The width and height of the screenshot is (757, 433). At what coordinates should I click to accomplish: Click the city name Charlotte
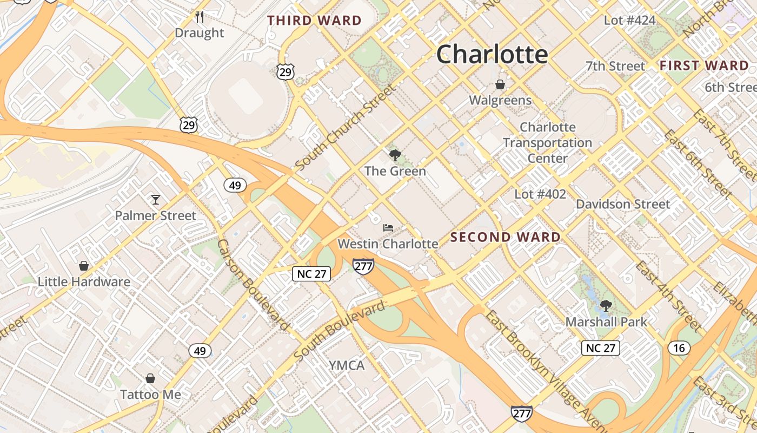click(492, 54)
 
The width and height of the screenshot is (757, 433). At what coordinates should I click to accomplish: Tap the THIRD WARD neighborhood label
click(315, 21)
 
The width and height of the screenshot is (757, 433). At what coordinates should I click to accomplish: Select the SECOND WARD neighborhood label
click(506, 237)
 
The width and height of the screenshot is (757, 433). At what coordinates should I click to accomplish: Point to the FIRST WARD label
click(704, 66)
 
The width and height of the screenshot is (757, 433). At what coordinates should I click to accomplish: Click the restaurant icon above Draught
click(200, 17)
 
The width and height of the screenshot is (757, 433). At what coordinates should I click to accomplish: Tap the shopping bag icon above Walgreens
click(500, 84)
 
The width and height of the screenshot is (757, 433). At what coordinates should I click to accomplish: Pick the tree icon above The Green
click(395, 155)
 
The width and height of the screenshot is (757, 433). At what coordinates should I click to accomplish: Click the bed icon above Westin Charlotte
click(388, 228)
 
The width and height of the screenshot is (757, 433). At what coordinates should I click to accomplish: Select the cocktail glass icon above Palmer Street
click(156, 200)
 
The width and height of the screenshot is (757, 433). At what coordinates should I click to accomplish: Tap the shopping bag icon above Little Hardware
click(84, 266)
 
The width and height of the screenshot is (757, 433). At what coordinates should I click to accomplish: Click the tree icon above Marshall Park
click(606, 306)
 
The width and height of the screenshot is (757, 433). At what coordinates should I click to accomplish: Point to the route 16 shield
click(679, 347)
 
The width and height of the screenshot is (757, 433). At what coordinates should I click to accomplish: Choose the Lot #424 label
click(629, 21)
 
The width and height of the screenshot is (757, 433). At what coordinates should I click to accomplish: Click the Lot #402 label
click(540, 194)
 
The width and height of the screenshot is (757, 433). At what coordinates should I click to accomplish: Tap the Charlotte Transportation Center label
click(548, 143)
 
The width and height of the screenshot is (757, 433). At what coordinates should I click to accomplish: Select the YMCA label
click(347, 365)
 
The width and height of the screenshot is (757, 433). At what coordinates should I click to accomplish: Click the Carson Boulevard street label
click(252, 285)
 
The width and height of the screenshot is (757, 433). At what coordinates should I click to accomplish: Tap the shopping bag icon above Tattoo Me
click(150, 378)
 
